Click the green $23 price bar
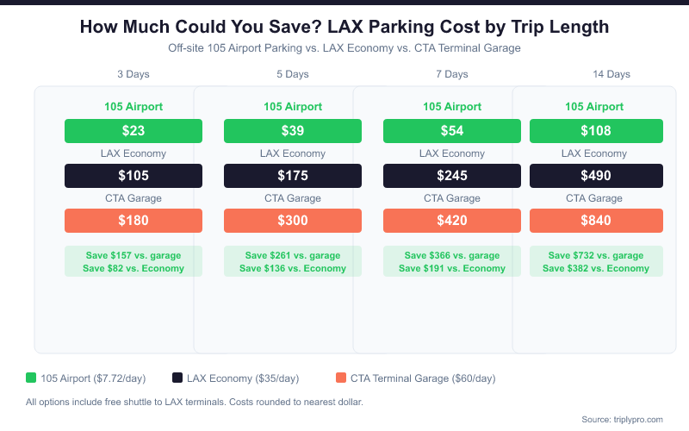pyautogui.click(x=133, y=131)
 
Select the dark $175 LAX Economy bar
pyautogui.click(x=293, y=176)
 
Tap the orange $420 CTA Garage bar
pyautogui.click(x=452, y=221)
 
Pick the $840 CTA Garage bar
pyautogui.click(x=596, y=221)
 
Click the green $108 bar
pyautogui.click(x=596, y=131)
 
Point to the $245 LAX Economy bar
pyautogui.click(x=452, y=176)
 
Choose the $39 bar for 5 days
pyautogui.click(x=293, y=131)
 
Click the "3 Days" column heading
pyautogui.click(x=133, y=74)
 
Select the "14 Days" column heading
pyautogui.click(x=611, y=74)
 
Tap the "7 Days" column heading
pyautogui.click(x=452, y=74)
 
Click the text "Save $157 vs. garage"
pyautogui.click(x=133, y=255)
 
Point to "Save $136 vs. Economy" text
pyautogui.click(x=293, y=268)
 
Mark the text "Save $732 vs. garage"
pyautogui.click(x=596, y=255)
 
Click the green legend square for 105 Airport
pyautogui.click(x=31, y=378)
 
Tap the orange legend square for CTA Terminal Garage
pyautogui.click(x=341, y=378)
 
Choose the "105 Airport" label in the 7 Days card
pyautogui.click(x=452, y=107)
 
